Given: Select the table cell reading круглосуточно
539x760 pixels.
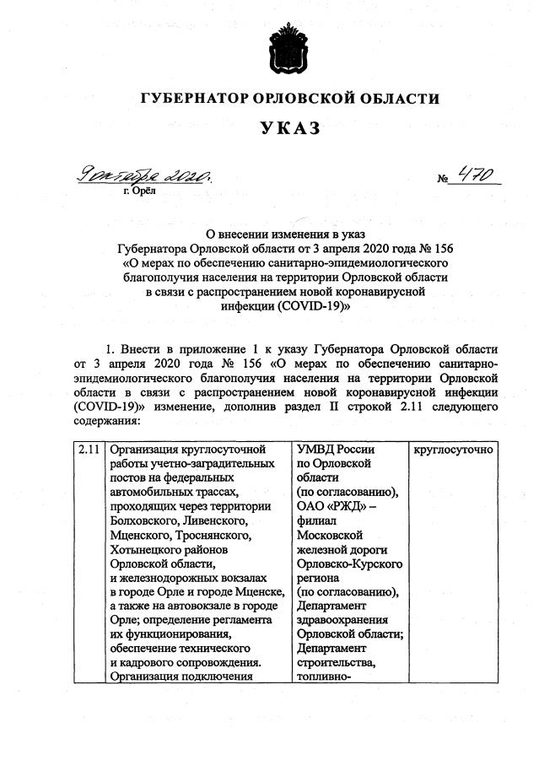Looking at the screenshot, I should pyautogui.click(x=452, y=450).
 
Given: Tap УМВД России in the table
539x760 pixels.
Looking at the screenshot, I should pyautogui.click(x=334, y=450).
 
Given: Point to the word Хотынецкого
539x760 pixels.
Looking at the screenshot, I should pyautogui.click(x=146, y=547).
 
